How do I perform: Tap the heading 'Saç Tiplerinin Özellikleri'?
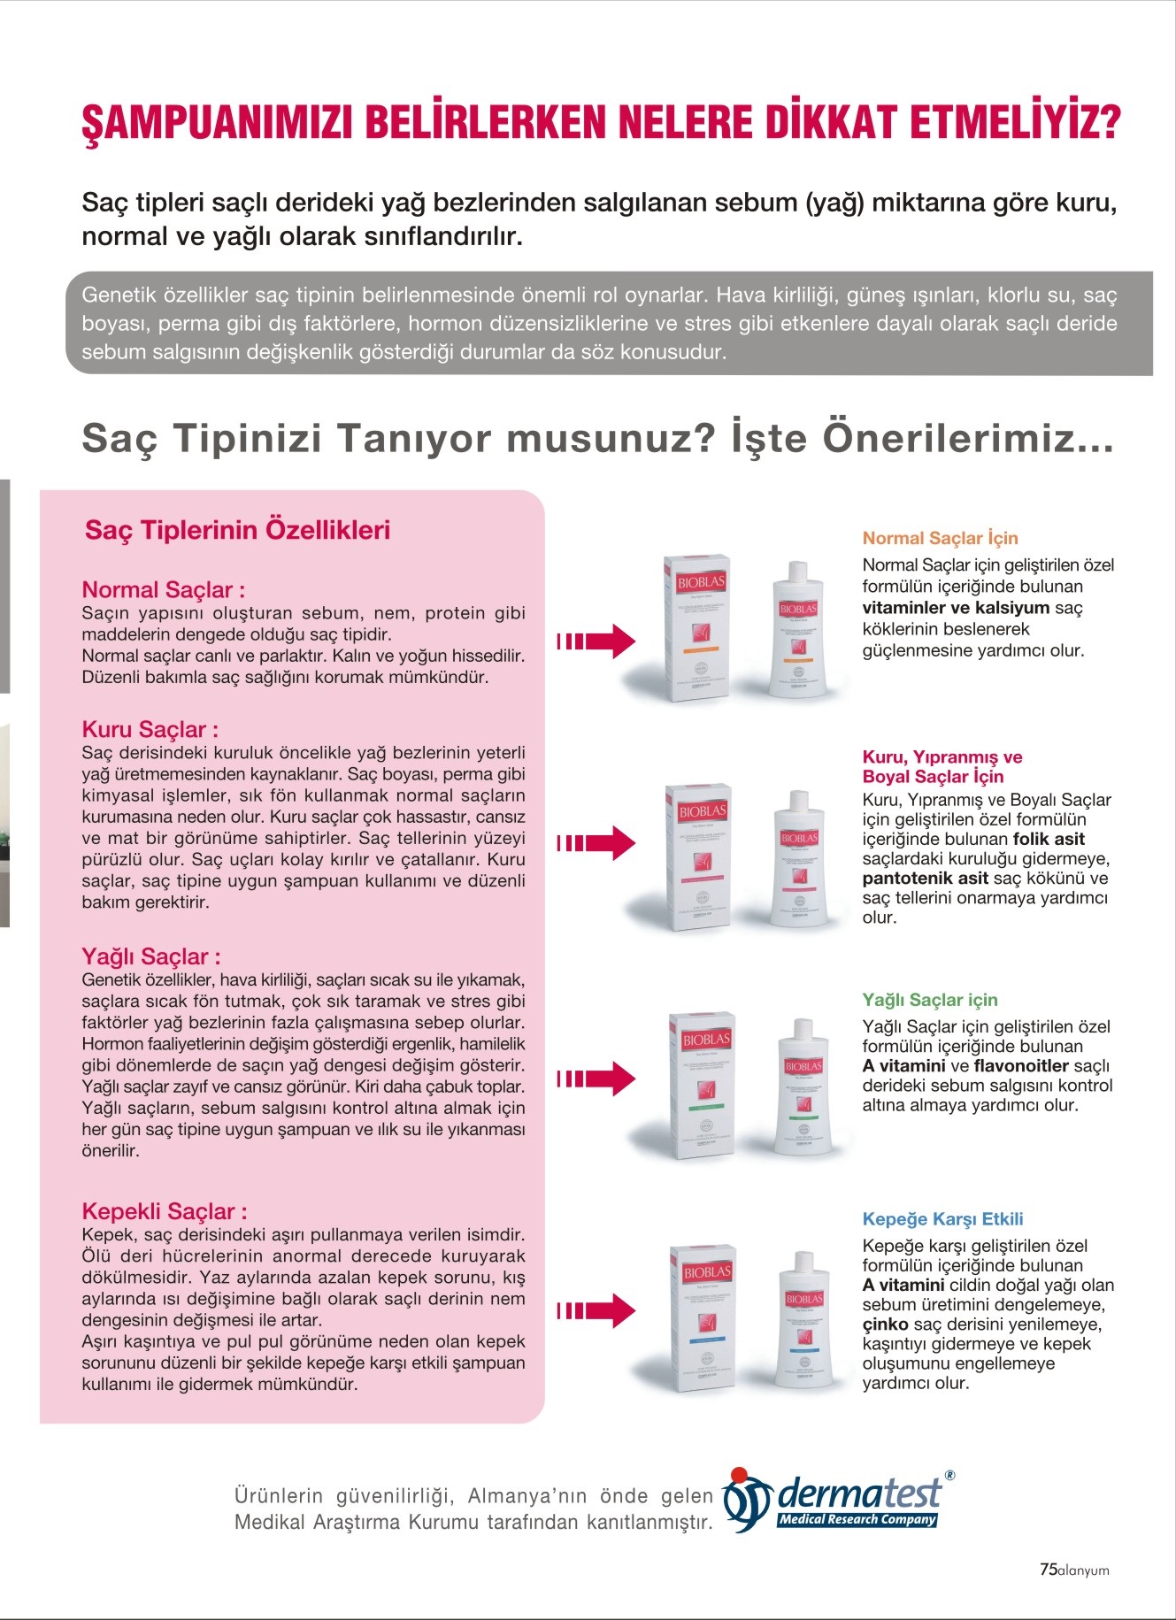pyautogui.click(x=237, y=530)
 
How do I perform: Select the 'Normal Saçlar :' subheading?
pyautogui.click(x=164, y=590)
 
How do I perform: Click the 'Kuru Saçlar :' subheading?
pyautogui.click(x=150, y=730)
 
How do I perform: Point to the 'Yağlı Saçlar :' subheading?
pyautogui.click(x=151, y=956)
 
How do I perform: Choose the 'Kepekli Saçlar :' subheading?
pyautogui.click(x=165, y=1211)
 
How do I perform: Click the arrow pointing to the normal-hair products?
pyautogui.click(x=596, y=641)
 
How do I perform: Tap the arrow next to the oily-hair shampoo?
pyautogui.click(x=596, y=1078)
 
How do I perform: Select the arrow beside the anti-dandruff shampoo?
pyautogui.click(x=596, y=1309)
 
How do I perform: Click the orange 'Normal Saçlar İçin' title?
pyautogui.click(x=940, y=538)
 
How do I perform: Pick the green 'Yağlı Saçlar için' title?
pyautogui.click(x=929, y=1000)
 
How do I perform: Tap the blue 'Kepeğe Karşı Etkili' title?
pyautogui.click(x=942, y=1219)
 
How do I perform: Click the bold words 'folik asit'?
pyautogui.click(x=1049, y=839)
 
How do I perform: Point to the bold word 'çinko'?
pyautogui.click(x=885, y=1324)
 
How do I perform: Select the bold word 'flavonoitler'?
pyautogui.click(x=1021, y=1066)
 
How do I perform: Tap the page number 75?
pyautogui.click(x=1048, y=1570)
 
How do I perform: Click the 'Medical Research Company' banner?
pyautogui.click(x=857, y=1520)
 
